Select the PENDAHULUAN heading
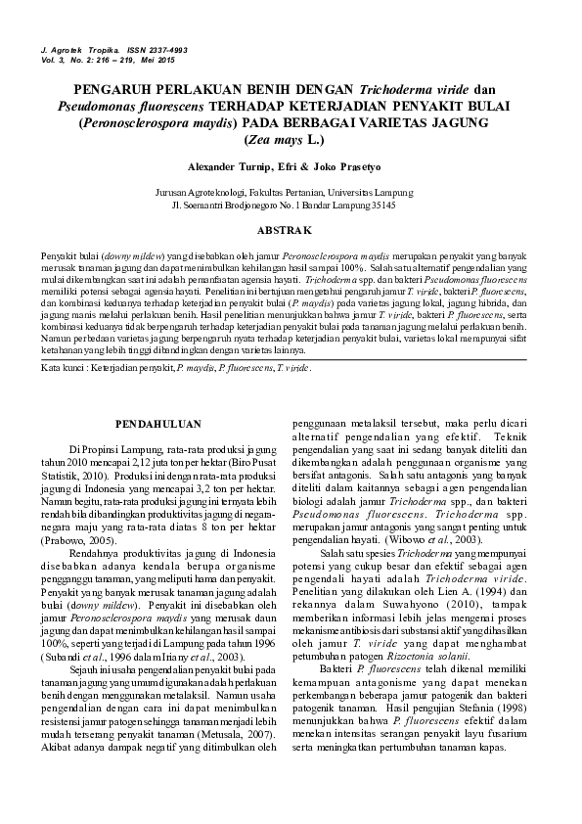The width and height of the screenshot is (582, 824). [158, 424]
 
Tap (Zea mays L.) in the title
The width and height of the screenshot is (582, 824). [291, 140]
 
